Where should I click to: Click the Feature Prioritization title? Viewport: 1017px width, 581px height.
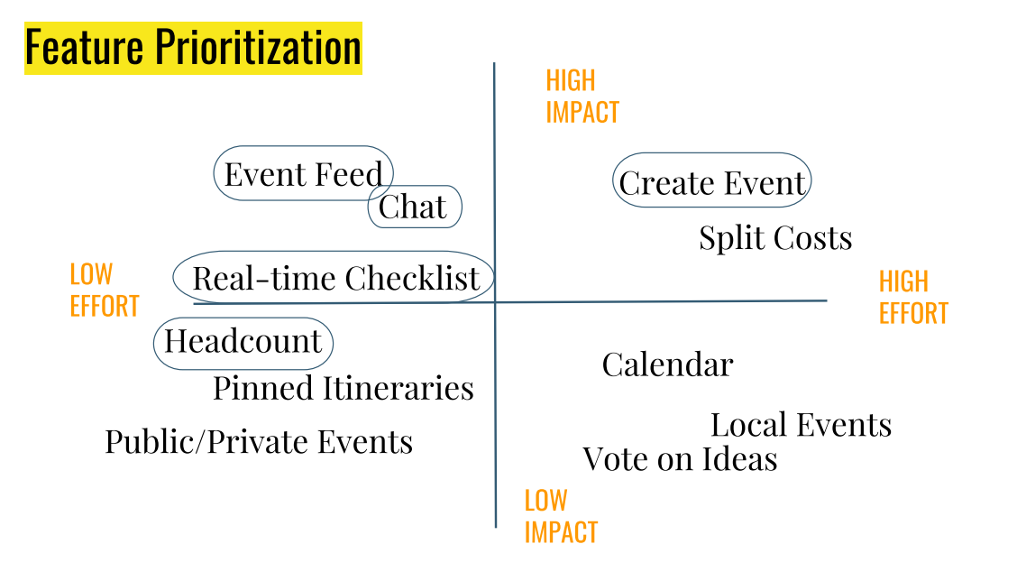[192, 48]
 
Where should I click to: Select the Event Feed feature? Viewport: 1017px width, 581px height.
[304, 173]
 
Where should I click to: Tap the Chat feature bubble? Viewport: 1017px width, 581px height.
[414, 207]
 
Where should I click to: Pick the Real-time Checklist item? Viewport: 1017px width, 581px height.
[334, 278]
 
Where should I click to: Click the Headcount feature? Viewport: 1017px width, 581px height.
[243, 342]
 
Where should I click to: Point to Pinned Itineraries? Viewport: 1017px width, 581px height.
[344, 389]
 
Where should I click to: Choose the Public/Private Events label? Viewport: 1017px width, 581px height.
[259, 442]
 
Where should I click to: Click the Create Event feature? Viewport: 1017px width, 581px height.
[711, 183]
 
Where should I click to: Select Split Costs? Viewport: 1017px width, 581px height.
[775, 238]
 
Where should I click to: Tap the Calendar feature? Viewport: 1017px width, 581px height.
[667, 365]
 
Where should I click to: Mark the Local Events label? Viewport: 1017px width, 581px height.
[801, 425]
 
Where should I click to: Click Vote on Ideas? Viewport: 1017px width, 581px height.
[680, 459]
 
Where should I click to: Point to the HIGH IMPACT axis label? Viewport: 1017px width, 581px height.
[582, 97]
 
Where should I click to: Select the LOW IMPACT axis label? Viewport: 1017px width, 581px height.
[561, 516]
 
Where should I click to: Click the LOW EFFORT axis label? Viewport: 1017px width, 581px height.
[104, 290]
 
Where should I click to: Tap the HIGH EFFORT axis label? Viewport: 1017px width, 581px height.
[913, 298]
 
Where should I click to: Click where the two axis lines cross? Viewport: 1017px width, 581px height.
[495, 302]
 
